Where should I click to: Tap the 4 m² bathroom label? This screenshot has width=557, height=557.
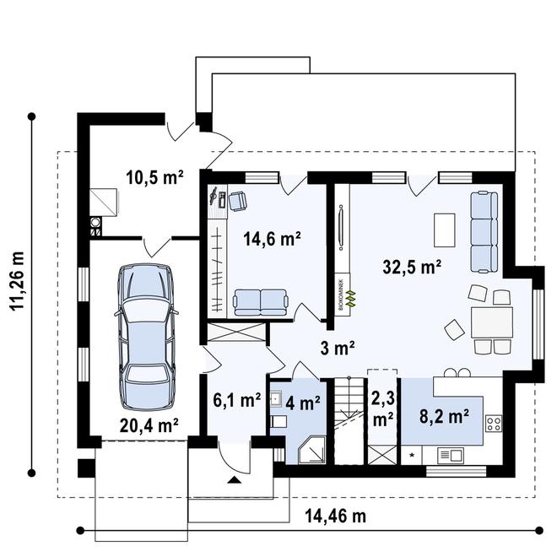[306, 403]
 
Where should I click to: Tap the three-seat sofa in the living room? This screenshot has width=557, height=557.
[484, 232]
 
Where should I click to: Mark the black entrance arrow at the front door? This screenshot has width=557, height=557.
[233, 479]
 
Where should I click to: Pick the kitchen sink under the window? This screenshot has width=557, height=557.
[450, 455]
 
